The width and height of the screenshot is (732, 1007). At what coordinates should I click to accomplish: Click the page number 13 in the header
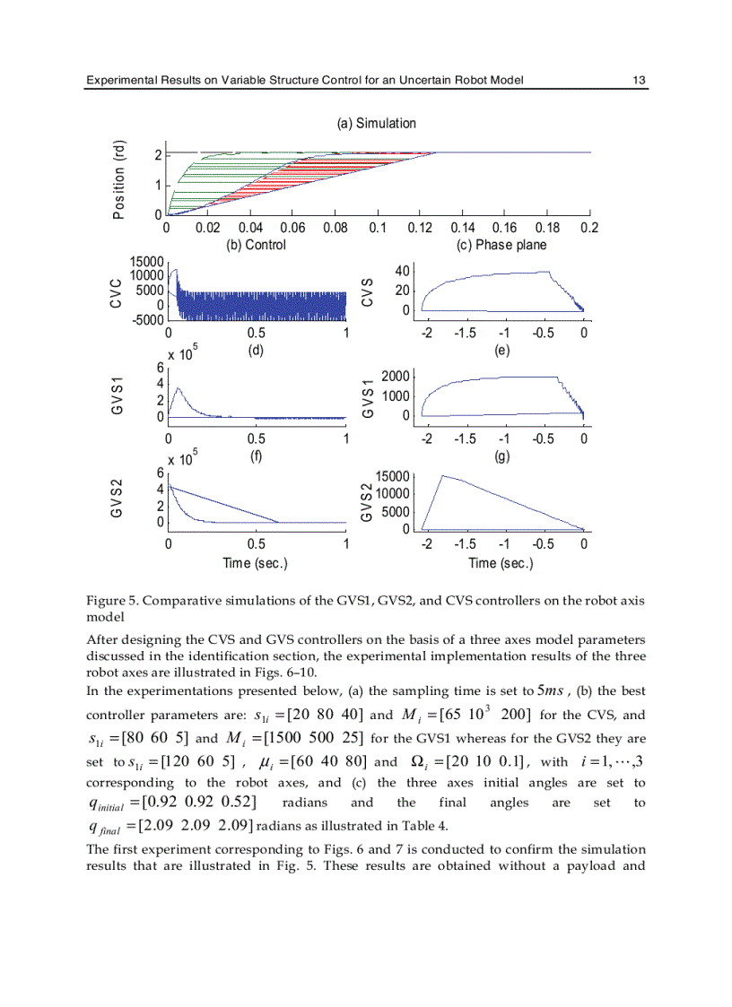pyautogui.click(x=639, y=81)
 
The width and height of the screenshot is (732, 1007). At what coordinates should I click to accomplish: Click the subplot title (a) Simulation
pyautogui.click(x=376, y=123)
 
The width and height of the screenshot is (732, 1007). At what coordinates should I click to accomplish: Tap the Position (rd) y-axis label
pyautogui.click(x=119, y=178)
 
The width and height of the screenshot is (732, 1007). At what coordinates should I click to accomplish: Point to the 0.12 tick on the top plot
pyautogui.click(x=420, y=229)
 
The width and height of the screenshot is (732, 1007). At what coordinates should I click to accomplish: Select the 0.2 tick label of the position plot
pyautogui.click(x=588, y=229)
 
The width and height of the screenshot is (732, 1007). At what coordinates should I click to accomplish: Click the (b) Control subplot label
pyautogui.click(x=255, y=245)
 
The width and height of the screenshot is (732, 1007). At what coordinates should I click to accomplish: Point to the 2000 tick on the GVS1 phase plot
pyautogui.click(x=394, y=377)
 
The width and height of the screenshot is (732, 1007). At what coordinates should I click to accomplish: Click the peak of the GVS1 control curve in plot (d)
pyautogui.click(x=179, y=388)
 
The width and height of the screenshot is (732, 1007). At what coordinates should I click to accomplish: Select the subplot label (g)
pyautogui.click(x=502, y=456)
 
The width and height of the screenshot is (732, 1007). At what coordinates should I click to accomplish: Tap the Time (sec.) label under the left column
pyautogui.click(x=255, y=563)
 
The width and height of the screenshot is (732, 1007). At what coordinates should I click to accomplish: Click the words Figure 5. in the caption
pyautogui.click(x=110, y=601)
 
